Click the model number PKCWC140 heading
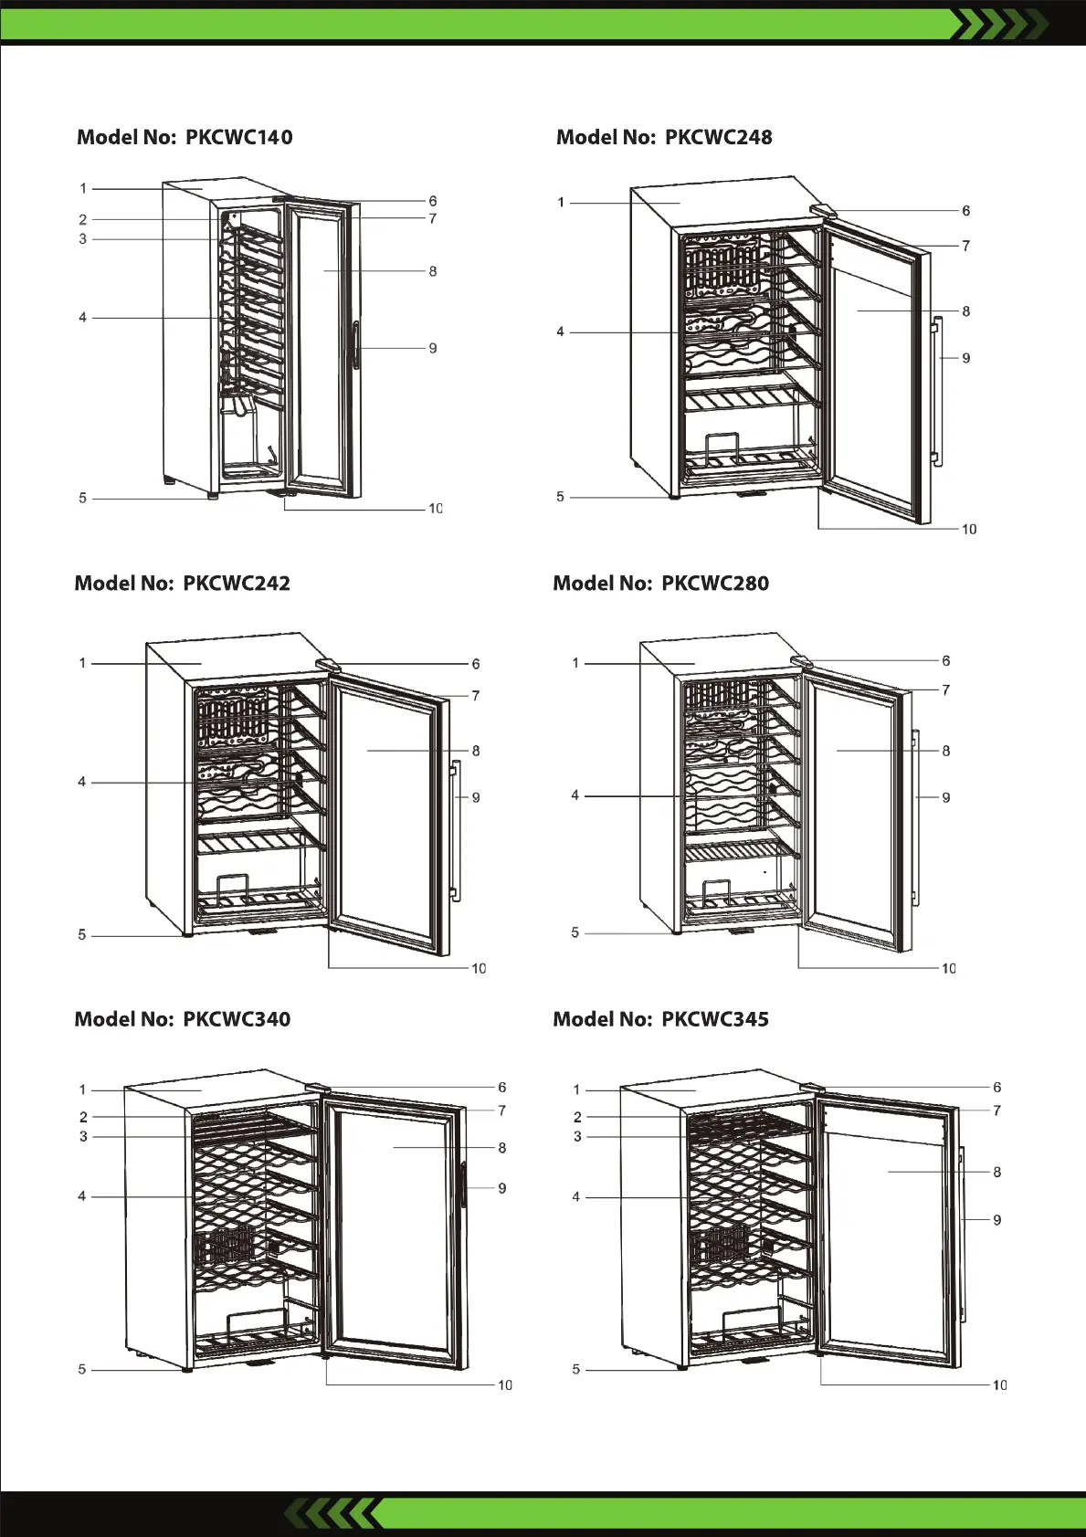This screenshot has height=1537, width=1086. pyautogui.click(x=185, y=137)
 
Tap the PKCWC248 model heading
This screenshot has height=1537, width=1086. pyautogui.click(x=664, y=137)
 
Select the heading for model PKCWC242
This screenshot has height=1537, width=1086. pyautogui.click(x=183, y=583)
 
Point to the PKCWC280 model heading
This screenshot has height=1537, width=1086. pyautogui.click(x=661, y=583)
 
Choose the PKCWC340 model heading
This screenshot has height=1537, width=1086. pyautogui.click(x=183, y=1019)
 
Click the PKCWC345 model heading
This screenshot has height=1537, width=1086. pyautogui.click(x=661, y=1019)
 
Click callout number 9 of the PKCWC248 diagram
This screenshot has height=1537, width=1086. pyautogui.click(x=965, y=358)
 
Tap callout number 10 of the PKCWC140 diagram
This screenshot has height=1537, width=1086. pyautogui.click(x=435, y=509)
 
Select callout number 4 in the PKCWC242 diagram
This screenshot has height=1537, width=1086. pyautogui.click(x=82, y=782)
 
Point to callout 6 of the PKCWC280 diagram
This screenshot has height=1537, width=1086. pyautogui.click(x=945, y=660)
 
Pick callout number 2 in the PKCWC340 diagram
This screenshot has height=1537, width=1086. pyautogui.click(x=83, y=1117)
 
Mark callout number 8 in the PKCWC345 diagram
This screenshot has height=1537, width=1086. pyautogui.click(x=996, y=1172)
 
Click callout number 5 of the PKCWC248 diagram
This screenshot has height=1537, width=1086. pyautogui.click(x=561, y=497)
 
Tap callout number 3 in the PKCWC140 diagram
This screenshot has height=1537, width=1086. pyautogui.click(x=83, y=239)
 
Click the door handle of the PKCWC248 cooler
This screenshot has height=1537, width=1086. pyautogui.click(x=936, y=393)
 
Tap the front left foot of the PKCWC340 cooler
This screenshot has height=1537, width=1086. pyautogui.click(x=187, y=1370)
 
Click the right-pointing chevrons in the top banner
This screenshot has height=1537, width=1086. pyautogui.click(x=997, y=25)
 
